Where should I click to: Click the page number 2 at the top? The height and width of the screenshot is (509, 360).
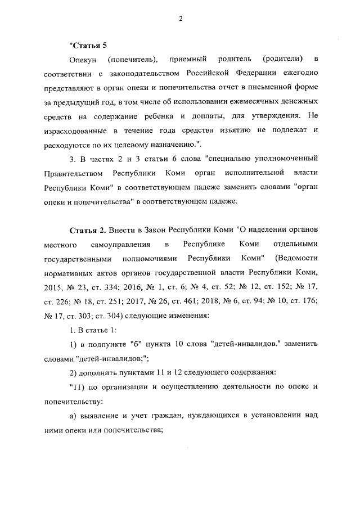click(180, 19)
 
